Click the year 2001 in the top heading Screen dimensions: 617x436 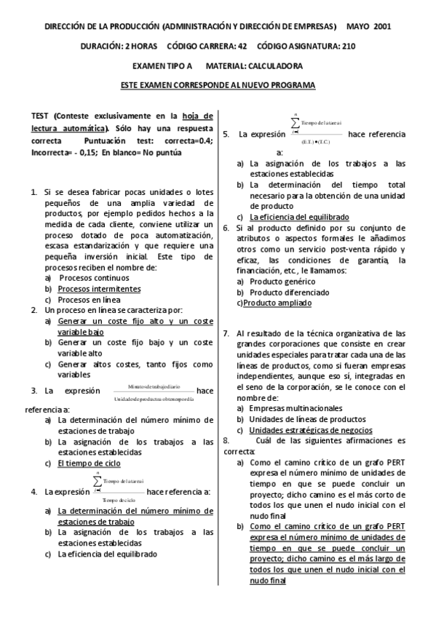pyautogui.click(x=382, y=25)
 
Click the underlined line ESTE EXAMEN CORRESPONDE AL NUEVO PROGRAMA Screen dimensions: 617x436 pyautogui.click(x=218, y=86)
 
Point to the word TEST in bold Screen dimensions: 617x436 pyautogui.click(x=41, y=116)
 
